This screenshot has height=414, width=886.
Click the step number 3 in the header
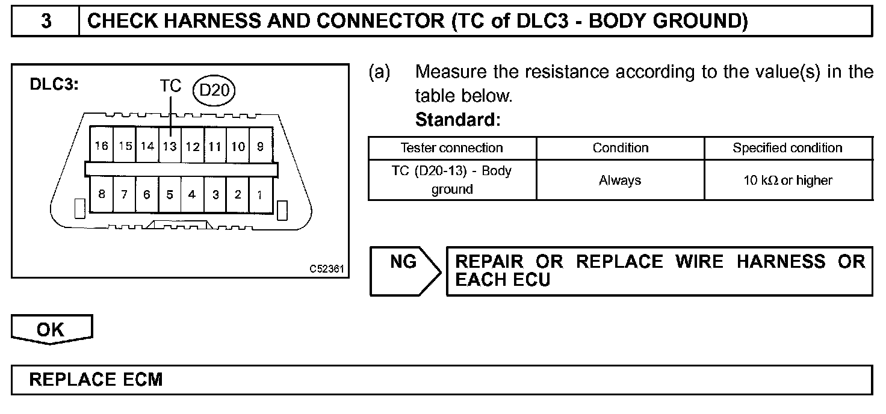point(46,21)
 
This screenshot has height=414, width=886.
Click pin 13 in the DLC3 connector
point(170,146)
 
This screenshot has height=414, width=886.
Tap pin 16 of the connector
point(101,146)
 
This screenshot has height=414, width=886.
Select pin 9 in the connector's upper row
point(260,146)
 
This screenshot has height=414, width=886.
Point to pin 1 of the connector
point(260,194)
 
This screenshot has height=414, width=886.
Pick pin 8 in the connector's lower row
point(101,194)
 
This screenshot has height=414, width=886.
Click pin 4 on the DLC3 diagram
point(192,194)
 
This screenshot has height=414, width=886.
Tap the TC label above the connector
point(171,86)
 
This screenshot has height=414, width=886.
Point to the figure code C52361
point(327,269)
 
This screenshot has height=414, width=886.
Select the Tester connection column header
point(451,148)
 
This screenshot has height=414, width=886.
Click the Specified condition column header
point(787,148)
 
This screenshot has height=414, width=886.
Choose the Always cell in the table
point(620,180)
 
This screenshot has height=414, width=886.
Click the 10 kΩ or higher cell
point(787,180)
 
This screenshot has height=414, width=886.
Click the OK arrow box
point(52,330)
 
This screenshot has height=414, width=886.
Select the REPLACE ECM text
point(96,380)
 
